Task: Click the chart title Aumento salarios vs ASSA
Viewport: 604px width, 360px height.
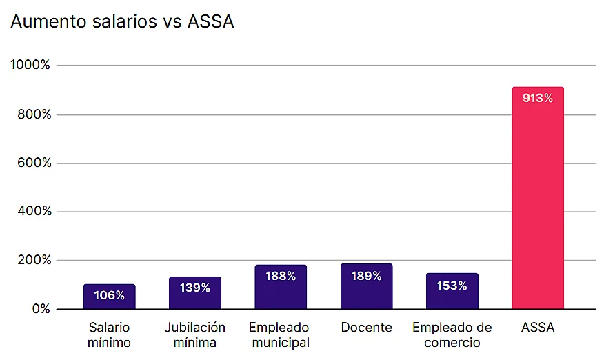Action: click(123, 22)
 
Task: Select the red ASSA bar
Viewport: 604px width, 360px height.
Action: click(538, 207)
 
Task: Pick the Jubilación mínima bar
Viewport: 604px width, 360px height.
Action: click(195, 293)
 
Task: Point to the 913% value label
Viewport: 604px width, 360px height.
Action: click(538, 98)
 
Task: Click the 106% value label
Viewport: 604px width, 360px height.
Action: click(110, 296)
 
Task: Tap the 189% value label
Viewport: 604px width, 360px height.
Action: click(366, 276)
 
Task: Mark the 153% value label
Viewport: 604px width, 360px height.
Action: click(452, 286)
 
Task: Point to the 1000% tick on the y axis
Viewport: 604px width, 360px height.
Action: click(31, 66)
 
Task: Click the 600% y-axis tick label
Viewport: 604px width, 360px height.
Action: click(34, 163)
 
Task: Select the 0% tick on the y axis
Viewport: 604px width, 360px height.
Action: click(41, 309)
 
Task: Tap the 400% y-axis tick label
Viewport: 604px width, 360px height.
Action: click(34, 212)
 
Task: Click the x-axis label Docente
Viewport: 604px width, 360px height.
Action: click(366, 328)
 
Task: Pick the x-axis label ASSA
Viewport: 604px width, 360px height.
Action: click(538, 328)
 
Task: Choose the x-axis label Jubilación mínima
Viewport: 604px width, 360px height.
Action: click(195, 334)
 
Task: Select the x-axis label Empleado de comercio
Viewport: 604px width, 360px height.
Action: click(452, 334)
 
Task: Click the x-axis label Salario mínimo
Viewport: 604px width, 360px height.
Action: click(110, 334)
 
